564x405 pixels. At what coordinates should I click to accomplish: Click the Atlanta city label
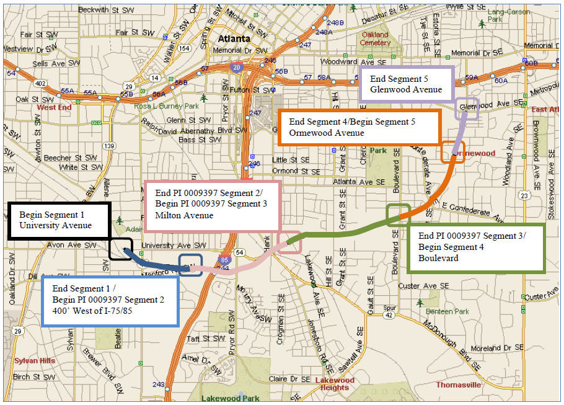click(x=233, y=39)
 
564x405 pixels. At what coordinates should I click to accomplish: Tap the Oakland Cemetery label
click(x=376, y=39)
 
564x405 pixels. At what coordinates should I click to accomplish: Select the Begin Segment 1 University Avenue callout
click(x=59, y=220)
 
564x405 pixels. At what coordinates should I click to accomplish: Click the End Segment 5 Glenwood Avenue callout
click(x=407, y=84)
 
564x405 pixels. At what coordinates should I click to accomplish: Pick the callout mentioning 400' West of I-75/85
click(x=110, y=300)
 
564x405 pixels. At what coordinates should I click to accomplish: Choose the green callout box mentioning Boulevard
click(x=475, y=247)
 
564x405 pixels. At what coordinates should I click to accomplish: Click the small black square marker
click(x=120, y=249)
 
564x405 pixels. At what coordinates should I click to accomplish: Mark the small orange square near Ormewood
click(x=452, y=152)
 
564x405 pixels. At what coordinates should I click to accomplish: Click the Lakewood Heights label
click(x=335, y=384)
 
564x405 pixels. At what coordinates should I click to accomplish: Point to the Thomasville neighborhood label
click(x=459, y=385)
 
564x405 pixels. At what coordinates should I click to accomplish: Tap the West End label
click(x=55, y=107)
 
